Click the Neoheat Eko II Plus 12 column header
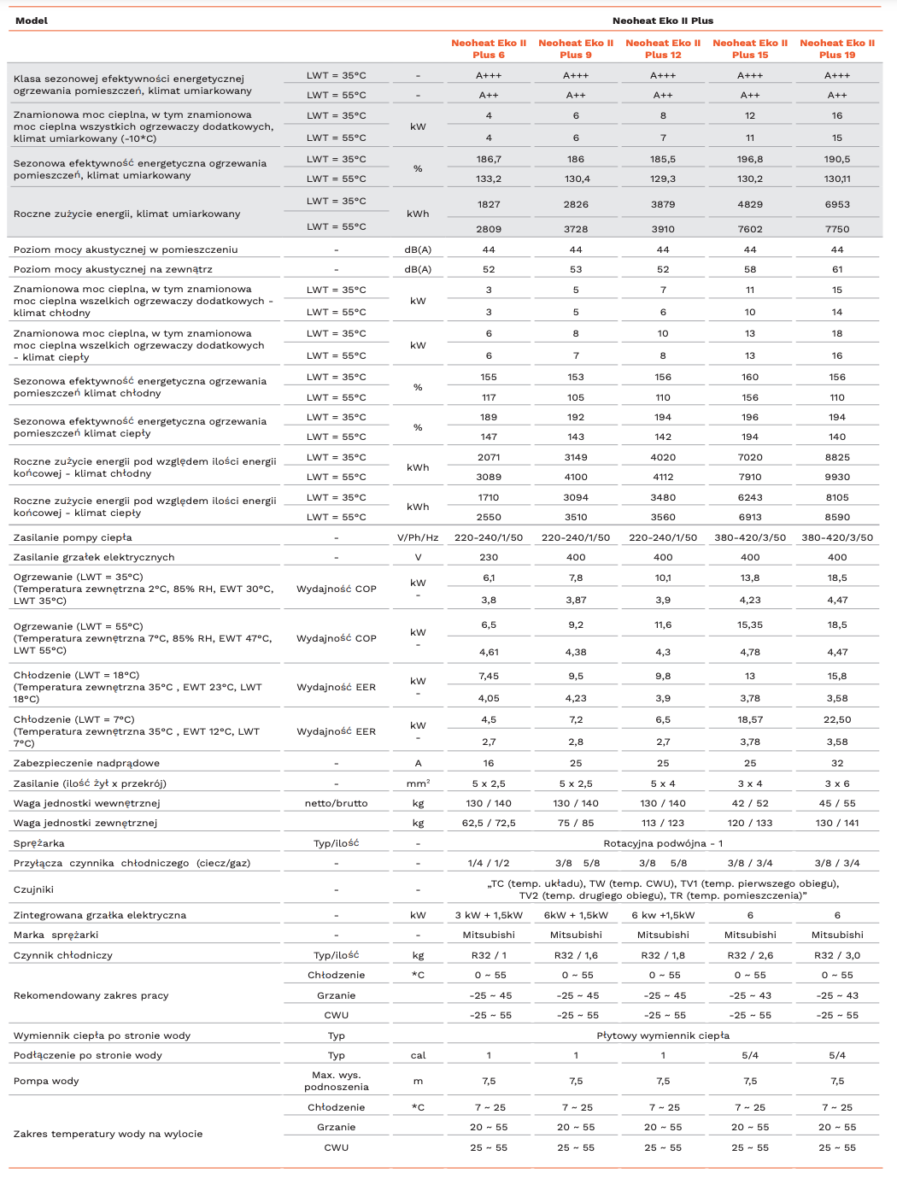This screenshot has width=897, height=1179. coord(663,49)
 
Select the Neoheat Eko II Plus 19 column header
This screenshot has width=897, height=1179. coord(837,49)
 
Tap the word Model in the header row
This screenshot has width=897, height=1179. coord(32,21)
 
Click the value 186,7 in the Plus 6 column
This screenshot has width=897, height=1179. coord(489,159)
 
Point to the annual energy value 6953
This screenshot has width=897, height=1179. coord(837,204)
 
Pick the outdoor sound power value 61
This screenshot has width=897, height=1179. coord(837,269)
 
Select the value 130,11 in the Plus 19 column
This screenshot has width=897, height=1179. coord(837,179)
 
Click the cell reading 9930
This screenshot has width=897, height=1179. coord(837,477)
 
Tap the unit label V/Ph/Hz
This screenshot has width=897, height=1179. coord(418,537)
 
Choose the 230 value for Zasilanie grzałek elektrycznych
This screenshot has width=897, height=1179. coord(489,557)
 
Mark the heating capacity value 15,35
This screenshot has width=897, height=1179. coord(750,625)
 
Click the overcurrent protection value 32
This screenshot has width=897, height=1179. coord(837,763)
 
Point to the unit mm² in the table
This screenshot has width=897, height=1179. coord(418,783)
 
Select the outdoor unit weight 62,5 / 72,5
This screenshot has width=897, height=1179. coord(489,823)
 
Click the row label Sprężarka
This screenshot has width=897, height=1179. coord(39,843)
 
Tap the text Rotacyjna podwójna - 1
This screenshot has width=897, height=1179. coord(663,843)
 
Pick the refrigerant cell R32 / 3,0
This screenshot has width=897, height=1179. coord(837,955)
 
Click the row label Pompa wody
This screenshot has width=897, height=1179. coord(46,1081)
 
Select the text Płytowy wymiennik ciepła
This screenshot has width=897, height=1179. coord(663,1035)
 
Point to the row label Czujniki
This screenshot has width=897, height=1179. coord(33,889)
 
